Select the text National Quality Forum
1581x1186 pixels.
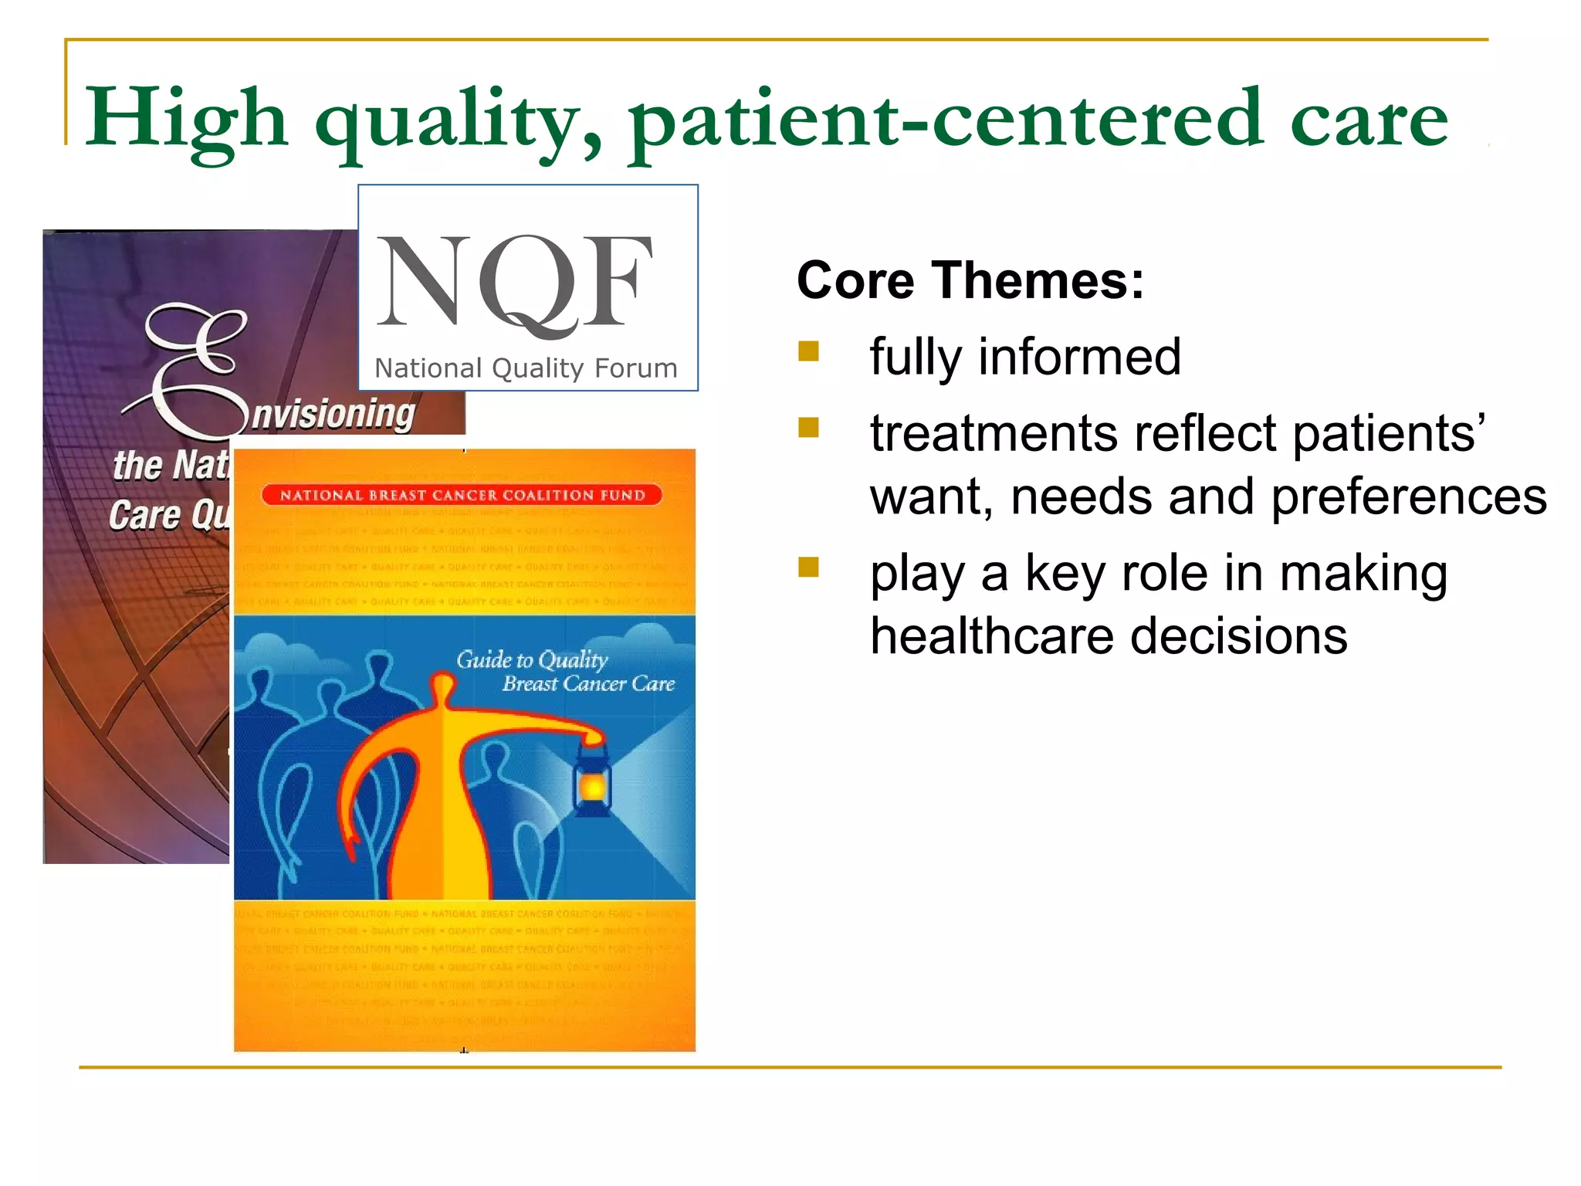526,368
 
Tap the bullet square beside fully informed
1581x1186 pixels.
808,352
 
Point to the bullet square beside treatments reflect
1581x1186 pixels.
808,428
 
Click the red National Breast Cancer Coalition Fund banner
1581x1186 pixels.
462,495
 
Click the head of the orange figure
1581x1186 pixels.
443,686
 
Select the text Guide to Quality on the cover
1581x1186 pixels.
532,659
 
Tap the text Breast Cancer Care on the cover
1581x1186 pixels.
588,684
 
